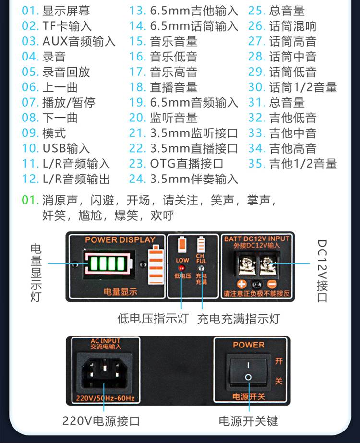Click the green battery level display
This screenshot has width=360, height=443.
(x=108, y=263)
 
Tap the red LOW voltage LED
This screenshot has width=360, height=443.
(x=181, y=267)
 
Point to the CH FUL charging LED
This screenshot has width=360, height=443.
(x=201, y=268)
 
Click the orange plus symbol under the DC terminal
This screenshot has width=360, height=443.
(x=241, y=284)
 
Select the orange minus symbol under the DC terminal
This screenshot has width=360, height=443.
(x=272, y=284)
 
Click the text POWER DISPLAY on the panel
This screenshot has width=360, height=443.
(x=120, y=240)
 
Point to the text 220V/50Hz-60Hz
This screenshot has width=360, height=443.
(x=105, y=398)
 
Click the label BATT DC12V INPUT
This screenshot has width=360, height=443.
(x=257, y=239)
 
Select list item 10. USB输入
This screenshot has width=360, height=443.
(x=56, y=148)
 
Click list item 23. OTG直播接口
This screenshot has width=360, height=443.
(x=176, y=164)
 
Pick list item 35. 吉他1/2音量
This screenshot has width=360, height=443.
(x=292, y=164)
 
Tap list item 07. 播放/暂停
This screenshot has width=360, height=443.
(x=59, y=103)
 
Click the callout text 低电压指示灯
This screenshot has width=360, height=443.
(x=153, y=318)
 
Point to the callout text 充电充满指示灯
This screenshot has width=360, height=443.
(x=239, y=319)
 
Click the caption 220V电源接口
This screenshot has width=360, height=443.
(x=101, y=421)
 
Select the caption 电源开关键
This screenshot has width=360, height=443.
(x=248, y=421)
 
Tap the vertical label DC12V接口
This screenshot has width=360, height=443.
(x=322, y=271)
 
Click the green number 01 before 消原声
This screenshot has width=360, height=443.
(x=30, y=200)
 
